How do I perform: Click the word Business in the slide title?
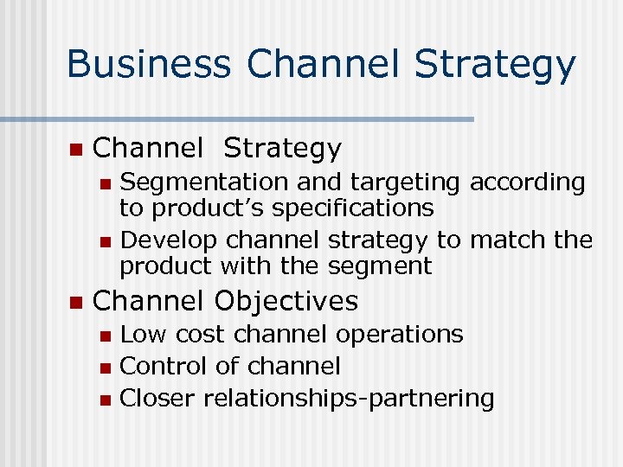[x=148, y=66]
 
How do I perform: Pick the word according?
[x=527, y=182]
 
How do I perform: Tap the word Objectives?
[x=285, y=301]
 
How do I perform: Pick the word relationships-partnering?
[x=349, y=399]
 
